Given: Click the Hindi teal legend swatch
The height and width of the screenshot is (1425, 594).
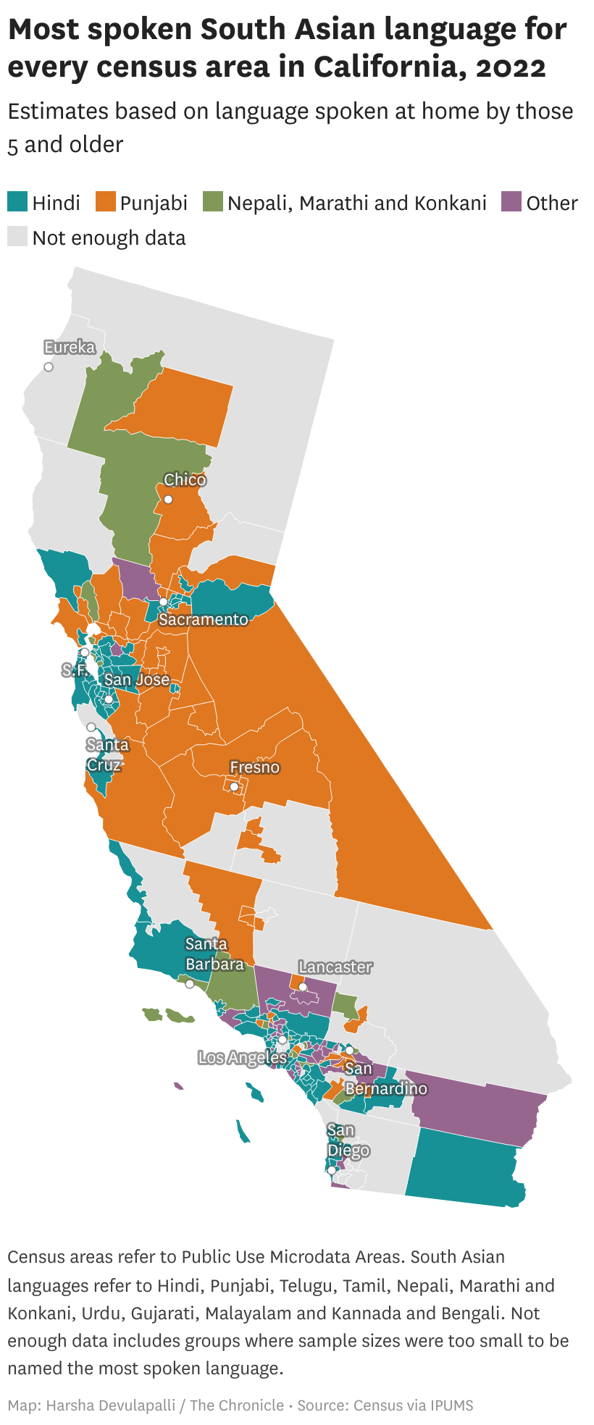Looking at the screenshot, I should click(17, 202).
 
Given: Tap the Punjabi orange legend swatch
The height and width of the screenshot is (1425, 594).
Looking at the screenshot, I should click(106, 202).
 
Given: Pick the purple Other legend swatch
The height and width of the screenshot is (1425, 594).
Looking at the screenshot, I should click(511, 202).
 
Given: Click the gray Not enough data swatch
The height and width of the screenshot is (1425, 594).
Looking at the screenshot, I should click(17, 237).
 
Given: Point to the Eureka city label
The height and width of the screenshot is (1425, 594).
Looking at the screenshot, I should click(70, 348).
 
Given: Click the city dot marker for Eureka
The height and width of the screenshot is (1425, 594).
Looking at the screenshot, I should click(49, 367).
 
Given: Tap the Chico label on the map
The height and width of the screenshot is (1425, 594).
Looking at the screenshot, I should click(185, 480).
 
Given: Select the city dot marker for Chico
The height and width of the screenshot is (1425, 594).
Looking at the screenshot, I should click(168, 500).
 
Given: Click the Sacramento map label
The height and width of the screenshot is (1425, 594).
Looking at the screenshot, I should click(204, 620).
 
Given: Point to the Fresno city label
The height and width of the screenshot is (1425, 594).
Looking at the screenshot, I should click(254, 768).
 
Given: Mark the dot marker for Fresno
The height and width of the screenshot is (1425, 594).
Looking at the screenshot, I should click(234, 787).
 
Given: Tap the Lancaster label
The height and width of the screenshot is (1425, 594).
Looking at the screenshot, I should click(335, 967).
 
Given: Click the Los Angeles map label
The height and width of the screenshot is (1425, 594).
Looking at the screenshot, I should click(243, 1058).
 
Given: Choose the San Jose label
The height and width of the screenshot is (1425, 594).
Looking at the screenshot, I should click(137, 680).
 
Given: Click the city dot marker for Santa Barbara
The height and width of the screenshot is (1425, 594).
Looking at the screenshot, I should click(190, 984).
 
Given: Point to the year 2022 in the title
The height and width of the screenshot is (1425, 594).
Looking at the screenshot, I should click(511, 67).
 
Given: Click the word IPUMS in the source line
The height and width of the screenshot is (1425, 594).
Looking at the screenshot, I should click(452, 1405).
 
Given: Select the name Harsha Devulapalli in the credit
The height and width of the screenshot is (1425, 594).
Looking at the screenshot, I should click(111, 1405).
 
